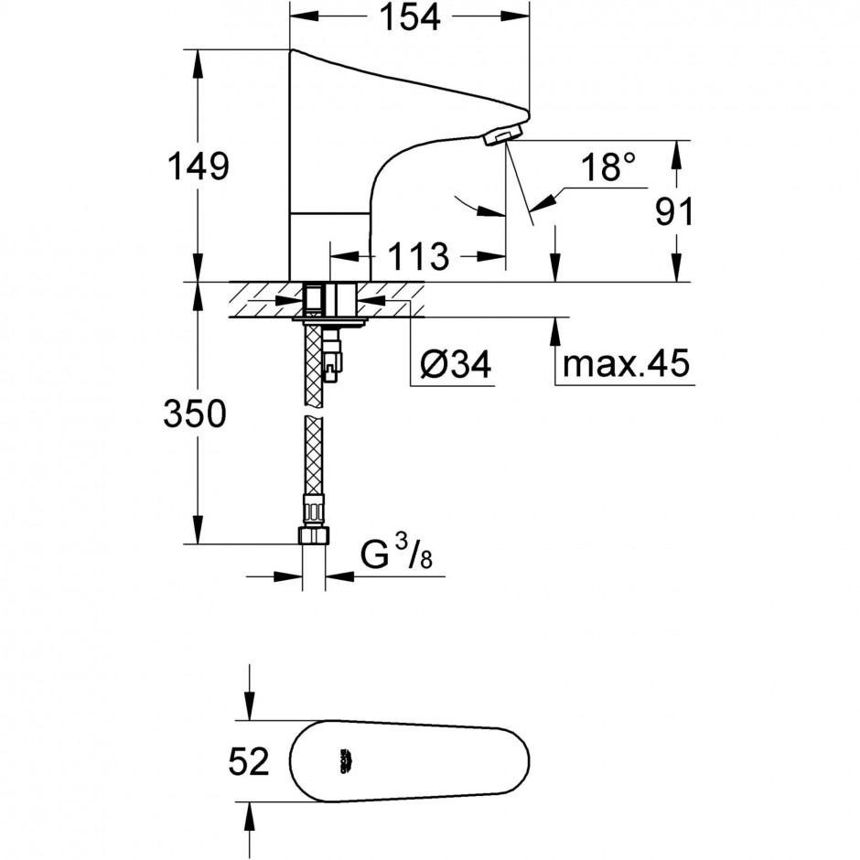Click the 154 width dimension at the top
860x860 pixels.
coord(410,16)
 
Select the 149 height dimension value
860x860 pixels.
coord(198,166)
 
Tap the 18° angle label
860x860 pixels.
coord(607,167)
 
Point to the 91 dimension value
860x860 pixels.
coord(674,211)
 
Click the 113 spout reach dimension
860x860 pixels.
coord(418,256)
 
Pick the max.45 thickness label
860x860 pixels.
coord(626,362)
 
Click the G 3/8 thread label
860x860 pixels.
coord(396,554)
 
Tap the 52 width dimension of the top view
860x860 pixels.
coord(249,760)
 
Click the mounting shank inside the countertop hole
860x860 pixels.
coord(330,300)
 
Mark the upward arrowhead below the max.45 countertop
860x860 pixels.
coord(555,331)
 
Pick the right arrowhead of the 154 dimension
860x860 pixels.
coord(517,16)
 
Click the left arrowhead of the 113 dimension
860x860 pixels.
coord(344,255)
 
